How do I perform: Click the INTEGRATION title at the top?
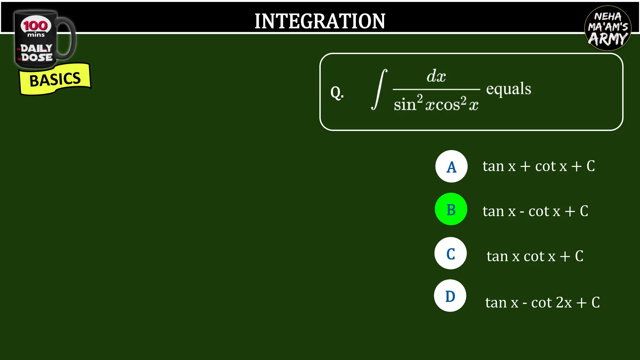[x=320, y=21]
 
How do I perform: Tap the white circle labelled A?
[x=451, y=166]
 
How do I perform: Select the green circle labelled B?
[x=451, y=209]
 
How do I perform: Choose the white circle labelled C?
[x=450, y=253]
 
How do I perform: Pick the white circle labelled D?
[x=450, y=296]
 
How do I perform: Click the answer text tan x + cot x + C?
[x=538, y=166]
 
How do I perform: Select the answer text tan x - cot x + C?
[x=535, y=211]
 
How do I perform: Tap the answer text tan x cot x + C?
[x=535, y=256]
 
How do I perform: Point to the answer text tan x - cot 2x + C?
[x=542, y=302]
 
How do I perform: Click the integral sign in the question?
[x=379, y=89]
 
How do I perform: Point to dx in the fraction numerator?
[x=436, y=76]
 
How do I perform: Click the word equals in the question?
[x=508, y=89]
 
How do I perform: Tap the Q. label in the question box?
[x=337, y=92]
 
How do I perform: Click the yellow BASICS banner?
[x=55, y=79]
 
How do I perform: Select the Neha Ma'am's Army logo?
[x=607, y=28]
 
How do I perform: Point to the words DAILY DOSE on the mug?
[x=37, y=53]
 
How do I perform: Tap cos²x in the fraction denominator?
[x=456, y=104]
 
